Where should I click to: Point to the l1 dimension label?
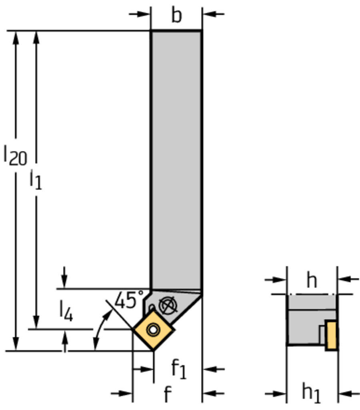[x=36, y=180]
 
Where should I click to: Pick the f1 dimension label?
[x=179, y=369]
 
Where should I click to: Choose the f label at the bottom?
[x=168, y=395]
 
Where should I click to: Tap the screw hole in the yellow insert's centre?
[x=153, y=330]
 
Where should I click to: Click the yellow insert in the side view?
[x=331, y=335]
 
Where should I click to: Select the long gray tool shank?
[x=176, y=160]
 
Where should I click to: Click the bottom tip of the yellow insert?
[x=153, y=350]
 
